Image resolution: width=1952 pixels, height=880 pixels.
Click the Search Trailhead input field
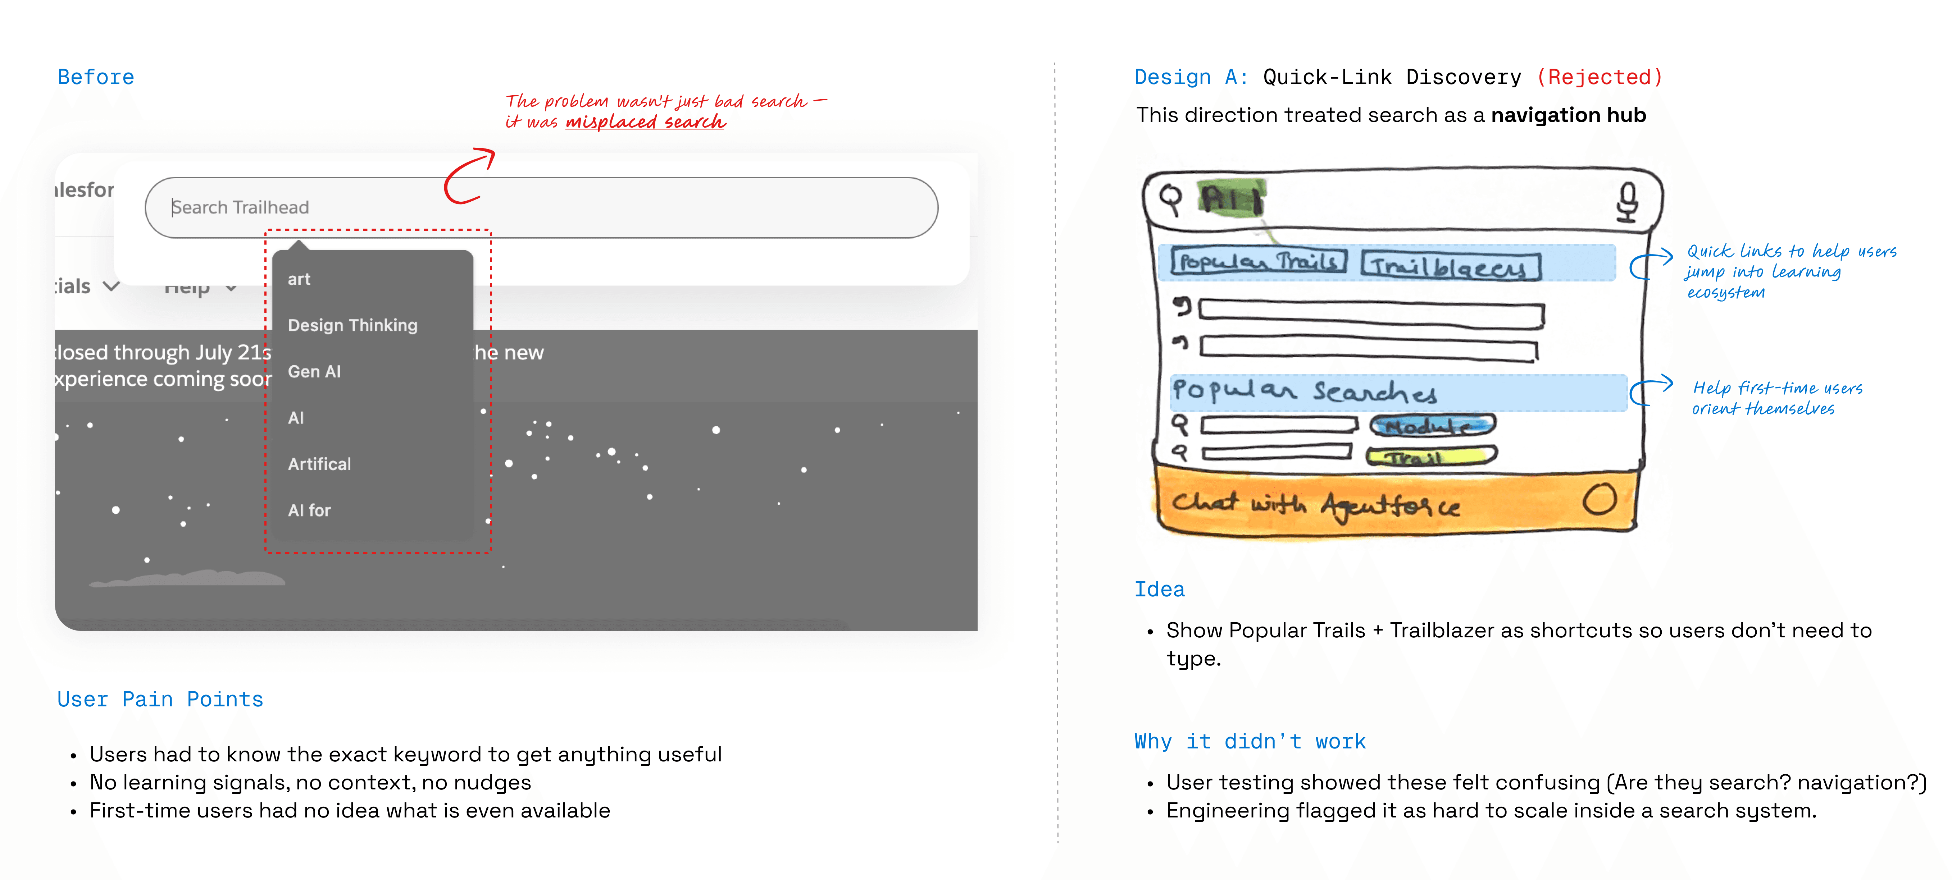point(541,207)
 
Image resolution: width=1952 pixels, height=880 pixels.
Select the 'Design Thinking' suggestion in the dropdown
point(352,325)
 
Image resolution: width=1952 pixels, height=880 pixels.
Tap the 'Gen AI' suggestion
point(314,371)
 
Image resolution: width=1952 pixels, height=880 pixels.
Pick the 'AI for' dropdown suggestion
point(309,510)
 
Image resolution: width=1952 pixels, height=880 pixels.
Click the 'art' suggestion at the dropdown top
point(299,279)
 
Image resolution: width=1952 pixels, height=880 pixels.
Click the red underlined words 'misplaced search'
point(646,122)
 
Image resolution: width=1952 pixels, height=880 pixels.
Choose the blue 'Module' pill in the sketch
point(1432,426)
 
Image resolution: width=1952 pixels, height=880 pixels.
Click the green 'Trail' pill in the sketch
point(1431,456)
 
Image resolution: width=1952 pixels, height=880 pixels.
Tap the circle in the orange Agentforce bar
point(1599,500)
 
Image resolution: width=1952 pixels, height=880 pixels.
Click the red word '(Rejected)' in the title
point(1600,77)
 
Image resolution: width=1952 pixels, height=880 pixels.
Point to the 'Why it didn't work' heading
point(1250,741)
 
